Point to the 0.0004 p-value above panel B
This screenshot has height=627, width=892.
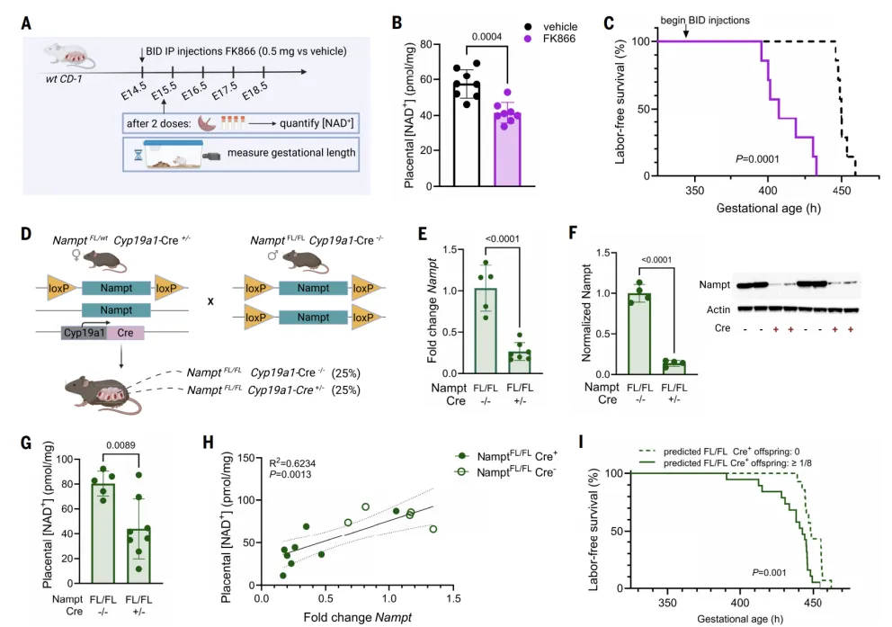coord(487,37)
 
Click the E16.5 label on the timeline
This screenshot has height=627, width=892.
coord(194,92)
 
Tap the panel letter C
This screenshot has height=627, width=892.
coord(609,23)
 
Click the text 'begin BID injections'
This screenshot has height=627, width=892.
coord(705,21)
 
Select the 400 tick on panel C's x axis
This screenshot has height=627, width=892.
coord(768,191)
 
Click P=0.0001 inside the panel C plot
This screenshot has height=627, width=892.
coord(757,158)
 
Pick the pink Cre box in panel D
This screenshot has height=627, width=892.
coord(125,333)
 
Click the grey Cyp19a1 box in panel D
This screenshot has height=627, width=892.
coord(85,333)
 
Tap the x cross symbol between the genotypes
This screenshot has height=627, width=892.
coord(210,301)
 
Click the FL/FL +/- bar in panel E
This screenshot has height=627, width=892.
coord(520,363)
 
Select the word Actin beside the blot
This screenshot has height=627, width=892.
coord(718,309)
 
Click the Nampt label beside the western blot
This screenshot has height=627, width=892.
coord(715,284)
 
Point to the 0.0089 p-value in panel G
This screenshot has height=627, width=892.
coord(121,445)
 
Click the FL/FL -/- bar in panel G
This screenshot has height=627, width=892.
coord(103,533)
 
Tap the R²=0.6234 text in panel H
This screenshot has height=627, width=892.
coord(292,463)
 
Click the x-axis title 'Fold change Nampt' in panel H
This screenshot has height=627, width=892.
coord(357,617)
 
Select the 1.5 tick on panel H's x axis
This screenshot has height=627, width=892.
coord(453,598)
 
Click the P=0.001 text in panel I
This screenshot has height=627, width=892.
coord(769,572)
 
